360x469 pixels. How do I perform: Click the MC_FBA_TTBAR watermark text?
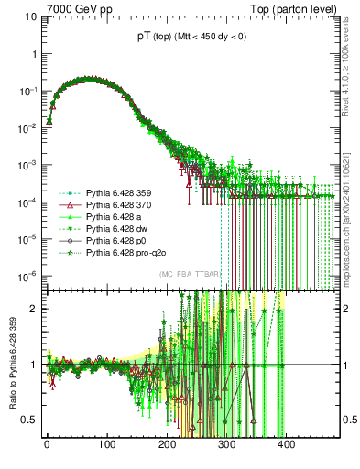(x=188, y=275)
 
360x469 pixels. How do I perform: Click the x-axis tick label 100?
(x=106, y=446)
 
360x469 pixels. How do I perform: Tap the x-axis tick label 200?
(x=166, y=446)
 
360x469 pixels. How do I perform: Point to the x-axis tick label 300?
(x=225, y=446)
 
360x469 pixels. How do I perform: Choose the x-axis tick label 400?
(x=285, y=446)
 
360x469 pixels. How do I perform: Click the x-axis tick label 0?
(x=47, y=446)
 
